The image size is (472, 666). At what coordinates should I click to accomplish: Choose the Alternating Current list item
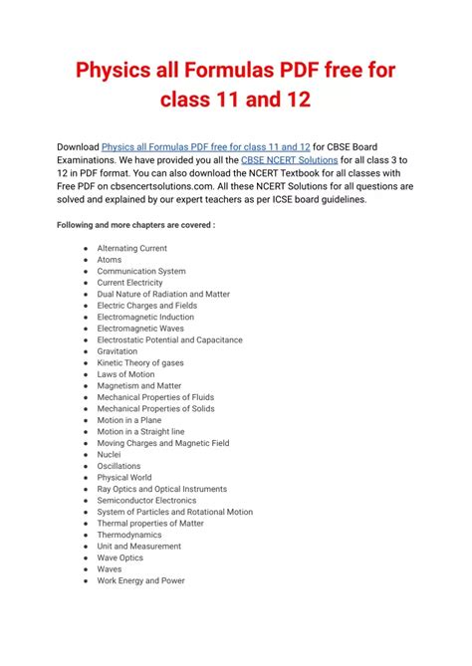tap(131, 248)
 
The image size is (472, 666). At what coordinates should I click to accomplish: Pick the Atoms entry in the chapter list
tap(110, 260)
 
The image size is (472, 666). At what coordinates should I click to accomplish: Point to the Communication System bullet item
tap(141, 271)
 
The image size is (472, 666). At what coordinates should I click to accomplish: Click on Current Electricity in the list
tap(129, 283)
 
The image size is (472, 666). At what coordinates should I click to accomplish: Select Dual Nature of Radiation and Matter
tap(163, 294)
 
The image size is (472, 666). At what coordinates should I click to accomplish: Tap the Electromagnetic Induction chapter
tap(145, 317)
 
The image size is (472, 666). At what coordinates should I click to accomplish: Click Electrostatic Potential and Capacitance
tap(169, 339)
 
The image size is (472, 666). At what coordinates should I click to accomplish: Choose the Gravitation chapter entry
tap(118, 351)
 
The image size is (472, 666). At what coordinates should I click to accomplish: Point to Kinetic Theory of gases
tap(140, 362)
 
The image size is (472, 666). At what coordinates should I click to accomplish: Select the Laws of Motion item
tap(125, 374)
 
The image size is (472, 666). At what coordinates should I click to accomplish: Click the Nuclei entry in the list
tap(110, 454)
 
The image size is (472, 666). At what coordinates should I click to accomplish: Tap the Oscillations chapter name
tap(118, 466)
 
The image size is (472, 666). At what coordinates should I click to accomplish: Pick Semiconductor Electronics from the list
tap(146, 501)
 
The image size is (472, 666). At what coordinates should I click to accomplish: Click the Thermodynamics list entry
tap(129, 535)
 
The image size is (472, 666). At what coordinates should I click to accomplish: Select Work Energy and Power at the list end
tap(140, 580)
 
